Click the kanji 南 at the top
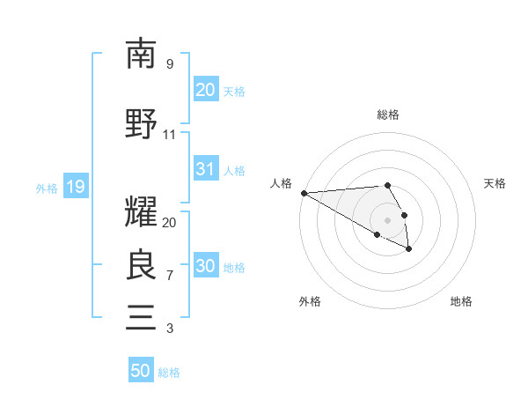(141, 54)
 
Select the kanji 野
(141, 123)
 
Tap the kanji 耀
(141, 211)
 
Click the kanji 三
(141, 316)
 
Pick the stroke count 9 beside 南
(170, 64)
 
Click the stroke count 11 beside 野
(170, 135)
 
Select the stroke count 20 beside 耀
(170, 223)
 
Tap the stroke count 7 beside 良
(170, 276)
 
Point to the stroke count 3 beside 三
(170, 329)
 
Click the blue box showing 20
(205, 90)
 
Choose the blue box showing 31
(205, 169)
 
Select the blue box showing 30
(205, 266)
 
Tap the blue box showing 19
(75, 187)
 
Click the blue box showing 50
(141, 371)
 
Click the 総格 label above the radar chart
(388, 115)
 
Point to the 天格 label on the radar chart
(495, 183)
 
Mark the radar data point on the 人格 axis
(304, 192)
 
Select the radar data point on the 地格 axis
(409, 249)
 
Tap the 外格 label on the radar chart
(310, 301)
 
